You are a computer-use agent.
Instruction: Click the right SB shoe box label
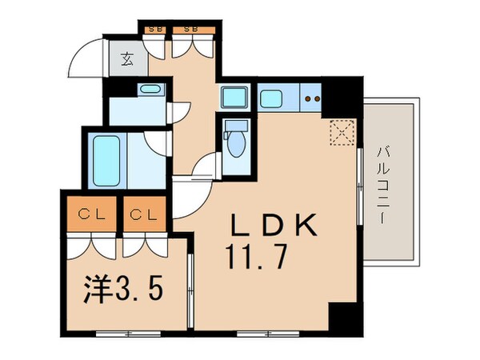pyautogui.click(x=192, y=30)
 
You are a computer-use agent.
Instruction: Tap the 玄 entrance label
pyautogui.click(x=128, y=58)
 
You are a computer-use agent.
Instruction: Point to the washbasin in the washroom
pyautogui.click(x=148, y=90)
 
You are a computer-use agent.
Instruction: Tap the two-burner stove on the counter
pyautogui.click(x=312, y=99)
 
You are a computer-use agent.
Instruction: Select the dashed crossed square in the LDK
pyautogui.click(x=343, y=134)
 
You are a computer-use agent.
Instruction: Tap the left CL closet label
pyautogui.click(x=92, y=214)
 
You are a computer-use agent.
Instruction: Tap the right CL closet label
pyautogui.click(x=146, y=214)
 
